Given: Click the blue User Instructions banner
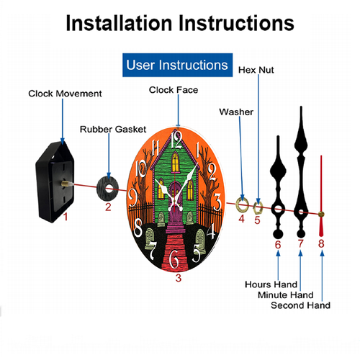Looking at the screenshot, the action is coord(177,65).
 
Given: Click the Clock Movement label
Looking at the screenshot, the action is coord(65,94).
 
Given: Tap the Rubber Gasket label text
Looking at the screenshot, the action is coord(113,130).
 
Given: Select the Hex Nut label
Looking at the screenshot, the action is coord(256,70).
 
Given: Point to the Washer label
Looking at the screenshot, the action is coord(236,112).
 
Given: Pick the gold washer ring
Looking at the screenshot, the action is coord(243,205).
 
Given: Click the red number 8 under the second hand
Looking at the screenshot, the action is coord(321,243).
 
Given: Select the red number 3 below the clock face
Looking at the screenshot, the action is coord(179,278).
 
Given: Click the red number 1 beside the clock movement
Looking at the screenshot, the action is coord(66,217).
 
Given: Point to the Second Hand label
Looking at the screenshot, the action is coord(300,305).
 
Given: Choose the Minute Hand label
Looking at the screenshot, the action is coord(286,294).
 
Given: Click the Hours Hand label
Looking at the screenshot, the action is coord(271,284).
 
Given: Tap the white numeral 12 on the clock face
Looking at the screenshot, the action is coord(176,140).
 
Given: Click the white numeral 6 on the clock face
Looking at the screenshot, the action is coord(174,259).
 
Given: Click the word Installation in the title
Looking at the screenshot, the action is coord(119,23).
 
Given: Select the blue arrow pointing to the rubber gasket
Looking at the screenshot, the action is coord(109,156).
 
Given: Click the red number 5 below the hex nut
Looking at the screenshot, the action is coord(257,220).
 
